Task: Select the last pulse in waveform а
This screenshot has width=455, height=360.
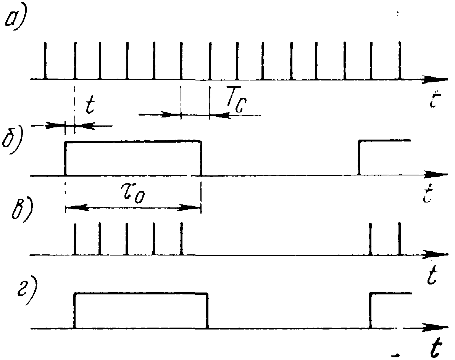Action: [400, 61]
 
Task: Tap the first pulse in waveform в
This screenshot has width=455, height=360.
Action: [75, 239]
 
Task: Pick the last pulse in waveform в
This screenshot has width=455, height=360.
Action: [400, 239]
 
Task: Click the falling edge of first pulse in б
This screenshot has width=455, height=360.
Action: [201, 158]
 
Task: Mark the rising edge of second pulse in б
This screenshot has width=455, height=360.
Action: [359, 158]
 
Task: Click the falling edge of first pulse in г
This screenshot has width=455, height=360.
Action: [208, 310]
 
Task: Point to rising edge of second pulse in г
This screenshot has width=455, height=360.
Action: [371, 310]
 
